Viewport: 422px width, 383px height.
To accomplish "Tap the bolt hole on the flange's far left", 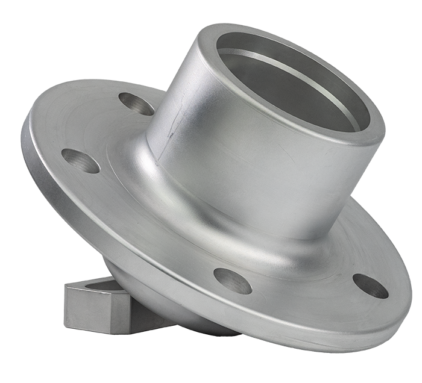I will [x=81, y=161].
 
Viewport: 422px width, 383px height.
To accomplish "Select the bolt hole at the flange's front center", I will [x=233, y=281].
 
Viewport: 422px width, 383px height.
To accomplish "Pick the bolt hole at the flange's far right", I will [x=370, y=285].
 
